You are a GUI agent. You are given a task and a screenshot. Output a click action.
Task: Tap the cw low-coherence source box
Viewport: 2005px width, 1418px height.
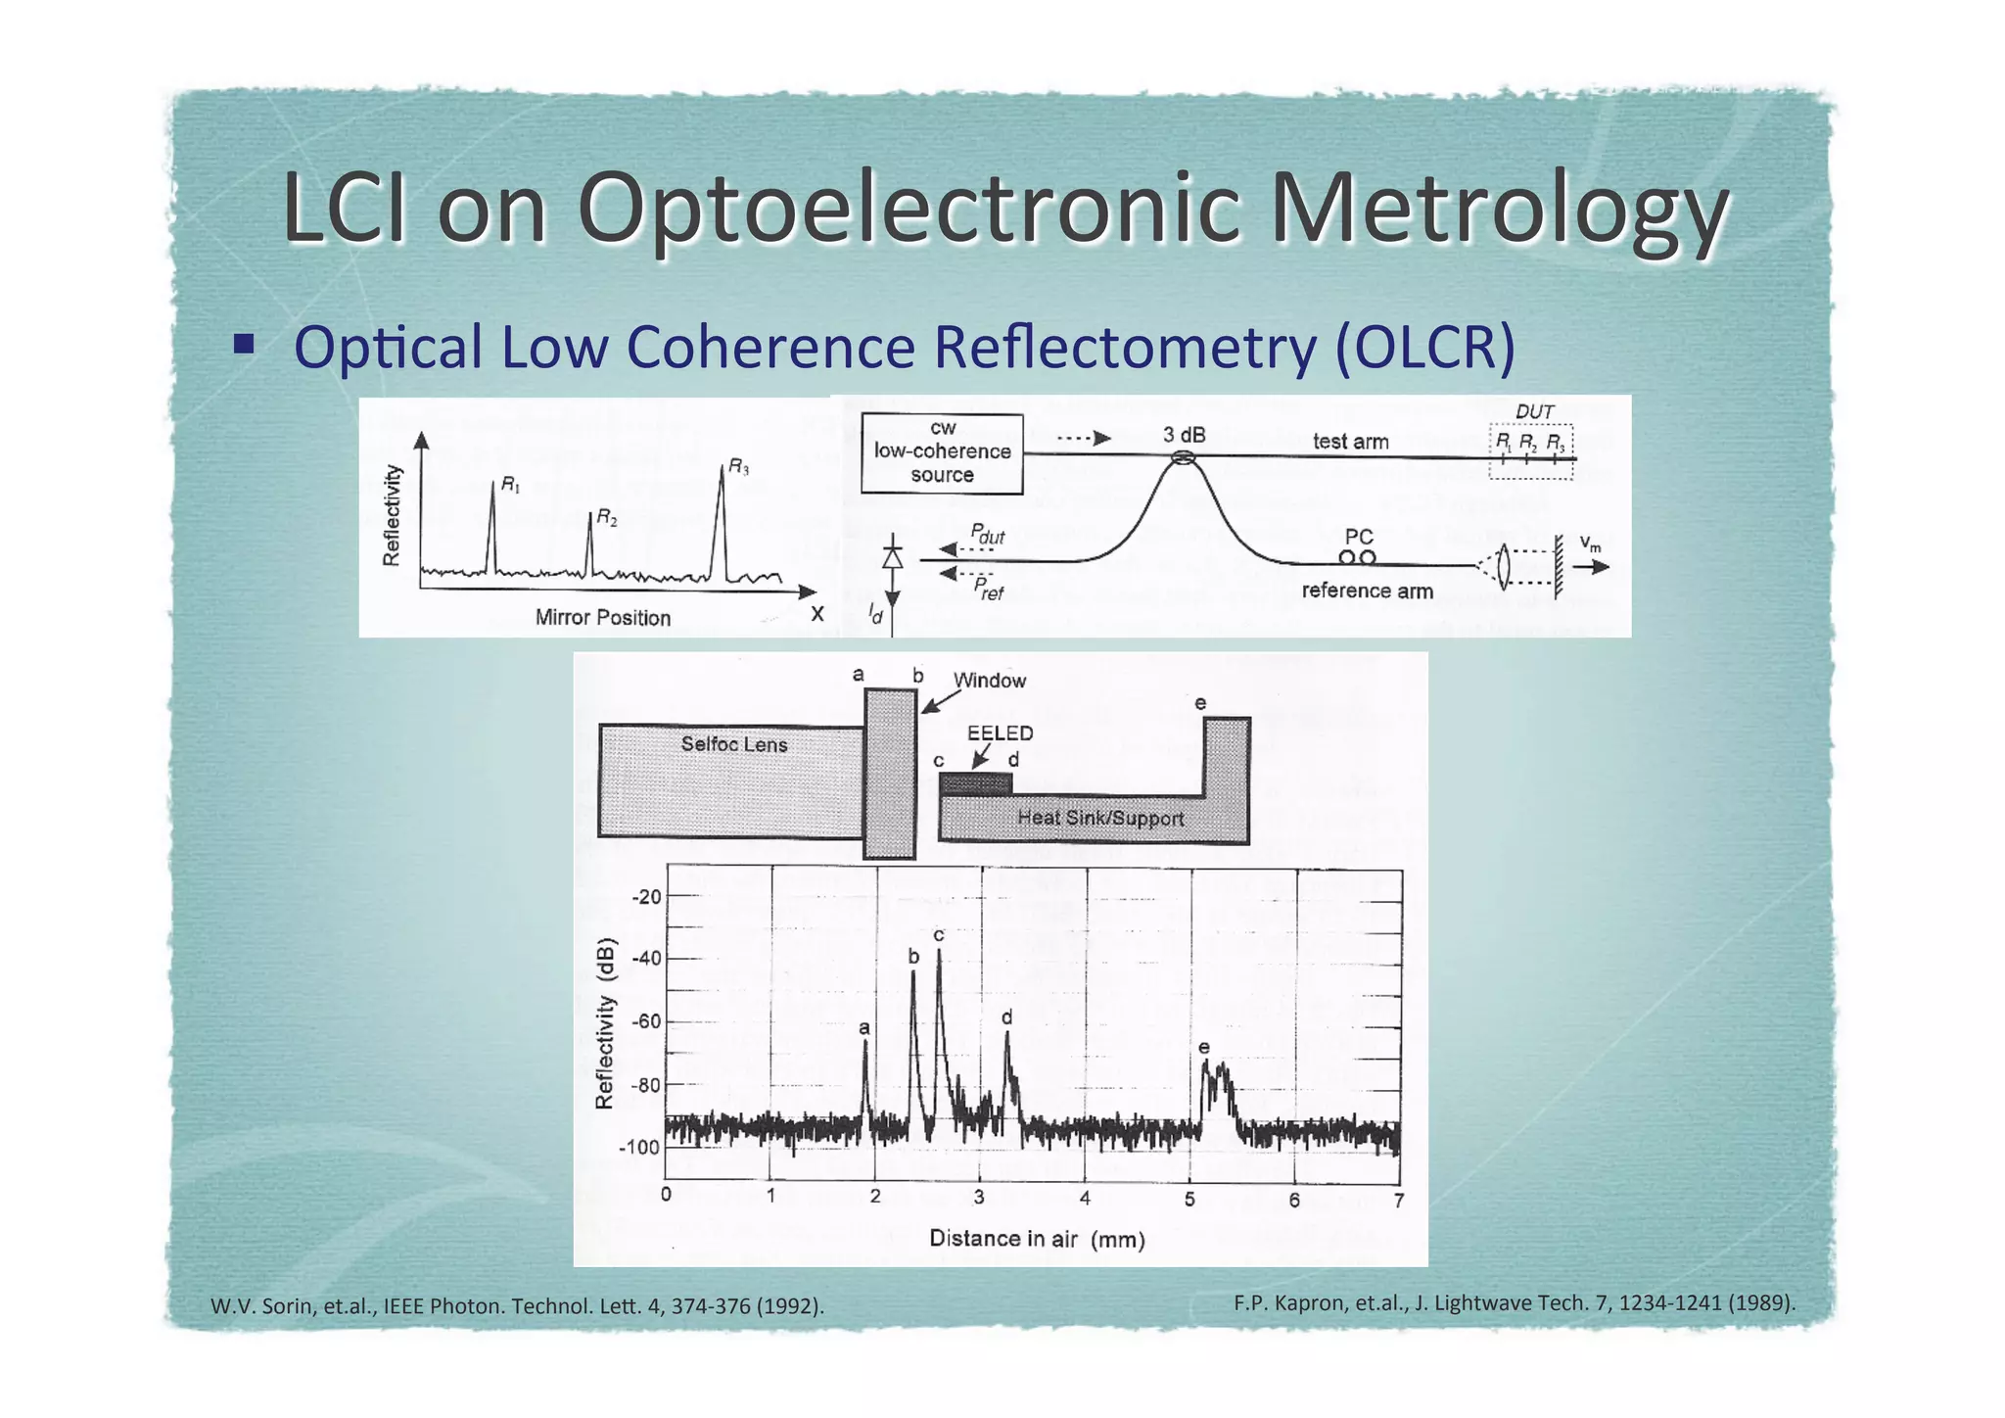[942, 452]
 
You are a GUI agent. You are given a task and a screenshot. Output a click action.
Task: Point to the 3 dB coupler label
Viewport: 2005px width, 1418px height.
[1184, 435]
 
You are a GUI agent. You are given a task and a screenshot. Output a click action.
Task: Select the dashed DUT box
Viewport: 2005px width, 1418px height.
[1530, 451]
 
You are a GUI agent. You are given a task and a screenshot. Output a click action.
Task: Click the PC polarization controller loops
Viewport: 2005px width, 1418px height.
[1357, 557]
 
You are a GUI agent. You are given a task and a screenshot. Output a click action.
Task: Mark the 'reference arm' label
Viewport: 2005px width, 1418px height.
[1367, 591]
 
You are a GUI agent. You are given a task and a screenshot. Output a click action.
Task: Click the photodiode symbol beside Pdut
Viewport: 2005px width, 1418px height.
[892, 557]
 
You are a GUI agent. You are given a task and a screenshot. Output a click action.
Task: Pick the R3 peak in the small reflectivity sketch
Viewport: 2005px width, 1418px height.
[722, 519]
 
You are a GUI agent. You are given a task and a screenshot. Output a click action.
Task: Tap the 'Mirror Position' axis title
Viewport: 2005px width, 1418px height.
[602, 618]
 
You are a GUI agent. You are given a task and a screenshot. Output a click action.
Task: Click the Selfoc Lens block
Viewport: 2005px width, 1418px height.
[732, 780]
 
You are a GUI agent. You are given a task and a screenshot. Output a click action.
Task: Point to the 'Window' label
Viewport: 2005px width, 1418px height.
[989, 681]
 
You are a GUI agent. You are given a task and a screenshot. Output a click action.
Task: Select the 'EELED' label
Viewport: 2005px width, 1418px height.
[1000, 733]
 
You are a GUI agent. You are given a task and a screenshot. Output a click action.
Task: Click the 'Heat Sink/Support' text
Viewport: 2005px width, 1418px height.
[1100, 818]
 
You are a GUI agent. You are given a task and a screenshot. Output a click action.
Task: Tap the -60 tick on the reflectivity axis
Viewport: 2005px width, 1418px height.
[646, 1021]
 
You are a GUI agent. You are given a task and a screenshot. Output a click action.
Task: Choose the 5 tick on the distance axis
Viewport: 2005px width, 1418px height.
[1189, 1199]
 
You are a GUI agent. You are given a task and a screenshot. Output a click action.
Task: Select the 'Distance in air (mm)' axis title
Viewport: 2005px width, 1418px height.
[1037, 1239]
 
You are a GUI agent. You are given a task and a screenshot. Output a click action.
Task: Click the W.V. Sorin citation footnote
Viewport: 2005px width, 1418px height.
[517, 1305]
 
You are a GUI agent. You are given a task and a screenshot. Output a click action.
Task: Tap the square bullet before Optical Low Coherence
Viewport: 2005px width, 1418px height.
[244, 344]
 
